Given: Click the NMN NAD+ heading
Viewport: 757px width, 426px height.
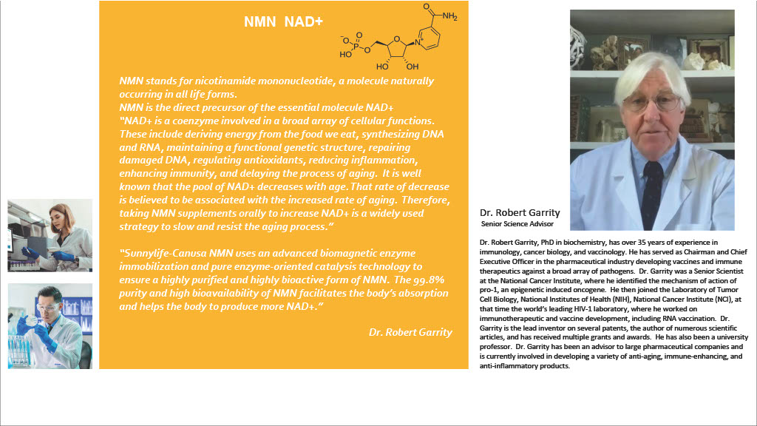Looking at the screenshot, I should (x=283, y=22).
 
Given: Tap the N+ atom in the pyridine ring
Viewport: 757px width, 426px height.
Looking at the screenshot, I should (x=418, y=44).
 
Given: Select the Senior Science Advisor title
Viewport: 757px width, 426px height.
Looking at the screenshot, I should (x=516, y=223).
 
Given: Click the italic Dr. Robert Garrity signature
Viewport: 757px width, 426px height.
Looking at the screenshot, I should (x=410, y=332).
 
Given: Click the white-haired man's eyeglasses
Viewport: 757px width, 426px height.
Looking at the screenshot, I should (x=651, y=101).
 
